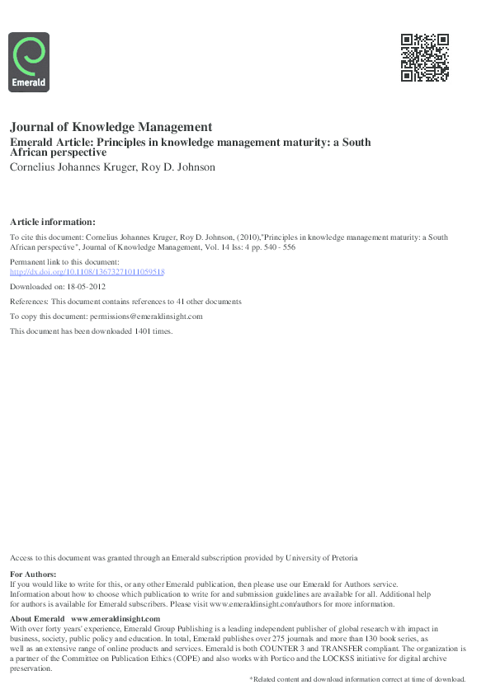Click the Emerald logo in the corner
coord(29,62)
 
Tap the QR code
coord(424,58)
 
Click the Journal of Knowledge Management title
coord(111,127)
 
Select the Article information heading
coord(52,221)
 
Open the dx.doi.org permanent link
coord(87,271)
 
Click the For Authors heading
coord(33,574)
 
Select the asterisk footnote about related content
coord(357,678)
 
